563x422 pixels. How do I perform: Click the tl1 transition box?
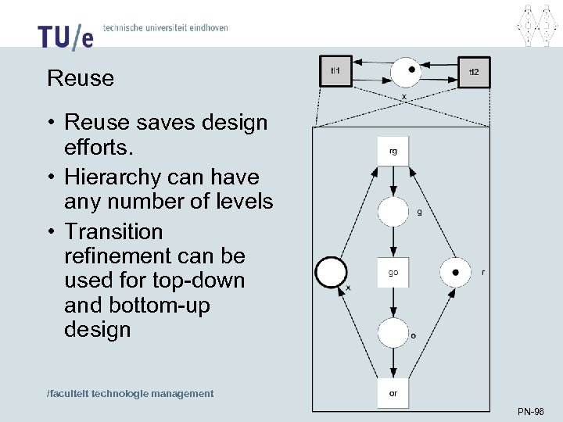[x=336, y=71]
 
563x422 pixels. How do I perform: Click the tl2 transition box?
[x=473, y=72]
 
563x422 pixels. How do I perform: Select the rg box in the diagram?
[x=393, y=151]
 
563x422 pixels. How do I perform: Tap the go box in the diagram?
[x=393, y=272]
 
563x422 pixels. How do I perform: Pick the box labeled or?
[x=393, y=393]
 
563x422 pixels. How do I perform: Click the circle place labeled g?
[x=393, y=212]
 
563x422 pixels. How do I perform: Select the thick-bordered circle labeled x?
[x=331, y=273]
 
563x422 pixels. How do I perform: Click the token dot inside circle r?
[x=455, y=272]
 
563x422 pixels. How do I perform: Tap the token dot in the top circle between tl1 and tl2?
[x=411, y=69]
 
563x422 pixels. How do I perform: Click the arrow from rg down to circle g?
[x=393, y=181]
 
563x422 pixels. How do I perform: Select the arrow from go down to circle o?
[x=393, y=302]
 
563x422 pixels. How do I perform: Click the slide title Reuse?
[x=81, y=79]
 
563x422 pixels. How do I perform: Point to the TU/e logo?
[x=65, y=36]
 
